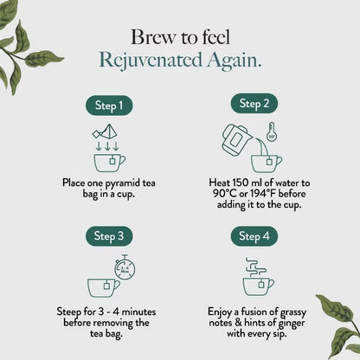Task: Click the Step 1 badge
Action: (x=109, y=106)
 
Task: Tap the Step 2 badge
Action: (x=254, y=103)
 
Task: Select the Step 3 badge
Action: (x=109, y=236)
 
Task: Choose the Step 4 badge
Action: (x=254, y=236)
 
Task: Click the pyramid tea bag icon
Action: (x=105, y=132)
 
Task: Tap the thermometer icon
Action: (x=271, y=132)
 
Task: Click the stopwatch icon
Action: (x=125, y=267)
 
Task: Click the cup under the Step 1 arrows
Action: (x=109, y=163)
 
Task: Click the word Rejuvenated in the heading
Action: (x=151, y=61)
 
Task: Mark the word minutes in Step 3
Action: (x=138, y=312)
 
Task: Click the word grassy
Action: (x=293, y=312)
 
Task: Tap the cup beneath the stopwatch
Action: (x=104, y=287)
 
